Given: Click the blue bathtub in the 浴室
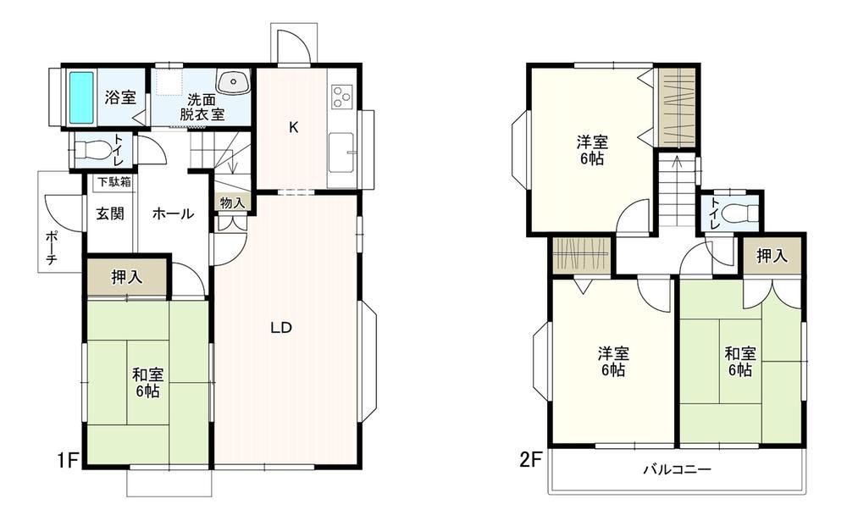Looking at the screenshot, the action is point(81,97).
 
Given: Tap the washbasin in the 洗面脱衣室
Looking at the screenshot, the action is point(234,81).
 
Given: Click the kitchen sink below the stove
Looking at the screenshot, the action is point(341,152).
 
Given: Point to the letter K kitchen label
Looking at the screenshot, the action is point(293,128).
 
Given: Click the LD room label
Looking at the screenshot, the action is point(281,328).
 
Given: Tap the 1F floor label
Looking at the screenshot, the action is point(69,460).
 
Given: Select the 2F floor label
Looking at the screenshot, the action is point(530,460).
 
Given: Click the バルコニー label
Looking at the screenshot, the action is point(677,469).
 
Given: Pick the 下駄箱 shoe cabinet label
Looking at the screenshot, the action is point(114,182).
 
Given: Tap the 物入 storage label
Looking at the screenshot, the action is point(233,202).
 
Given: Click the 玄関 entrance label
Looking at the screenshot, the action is point(110,213).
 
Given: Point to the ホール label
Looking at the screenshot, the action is point(173,213).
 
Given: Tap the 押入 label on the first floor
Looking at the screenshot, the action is point(127,277).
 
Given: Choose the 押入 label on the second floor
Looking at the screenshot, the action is point(772,256).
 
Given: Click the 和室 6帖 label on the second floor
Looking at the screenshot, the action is point(740,362).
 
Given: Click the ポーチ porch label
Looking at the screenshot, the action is point(52,247).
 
